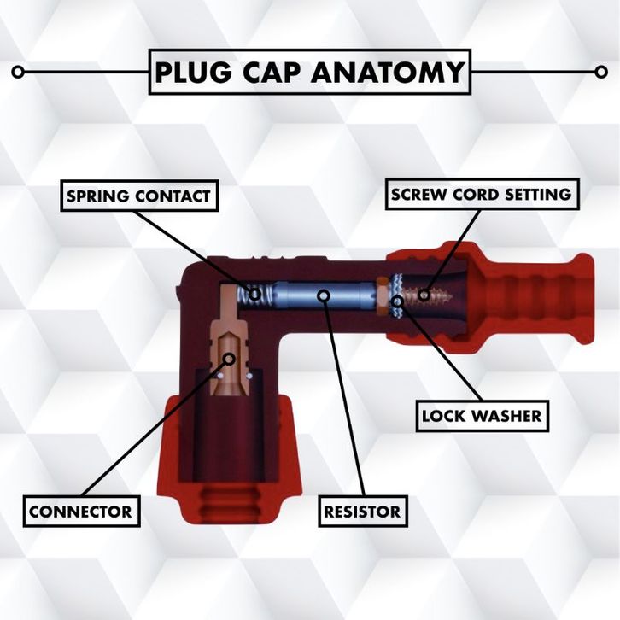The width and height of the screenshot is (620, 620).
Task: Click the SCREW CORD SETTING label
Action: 481,195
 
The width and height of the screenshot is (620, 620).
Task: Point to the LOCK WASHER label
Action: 482,417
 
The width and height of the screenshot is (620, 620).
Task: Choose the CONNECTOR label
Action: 80,512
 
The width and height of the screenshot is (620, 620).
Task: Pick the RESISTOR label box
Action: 361,512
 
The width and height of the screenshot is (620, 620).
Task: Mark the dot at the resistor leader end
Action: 323,295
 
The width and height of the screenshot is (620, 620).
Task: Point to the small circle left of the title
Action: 18,73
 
